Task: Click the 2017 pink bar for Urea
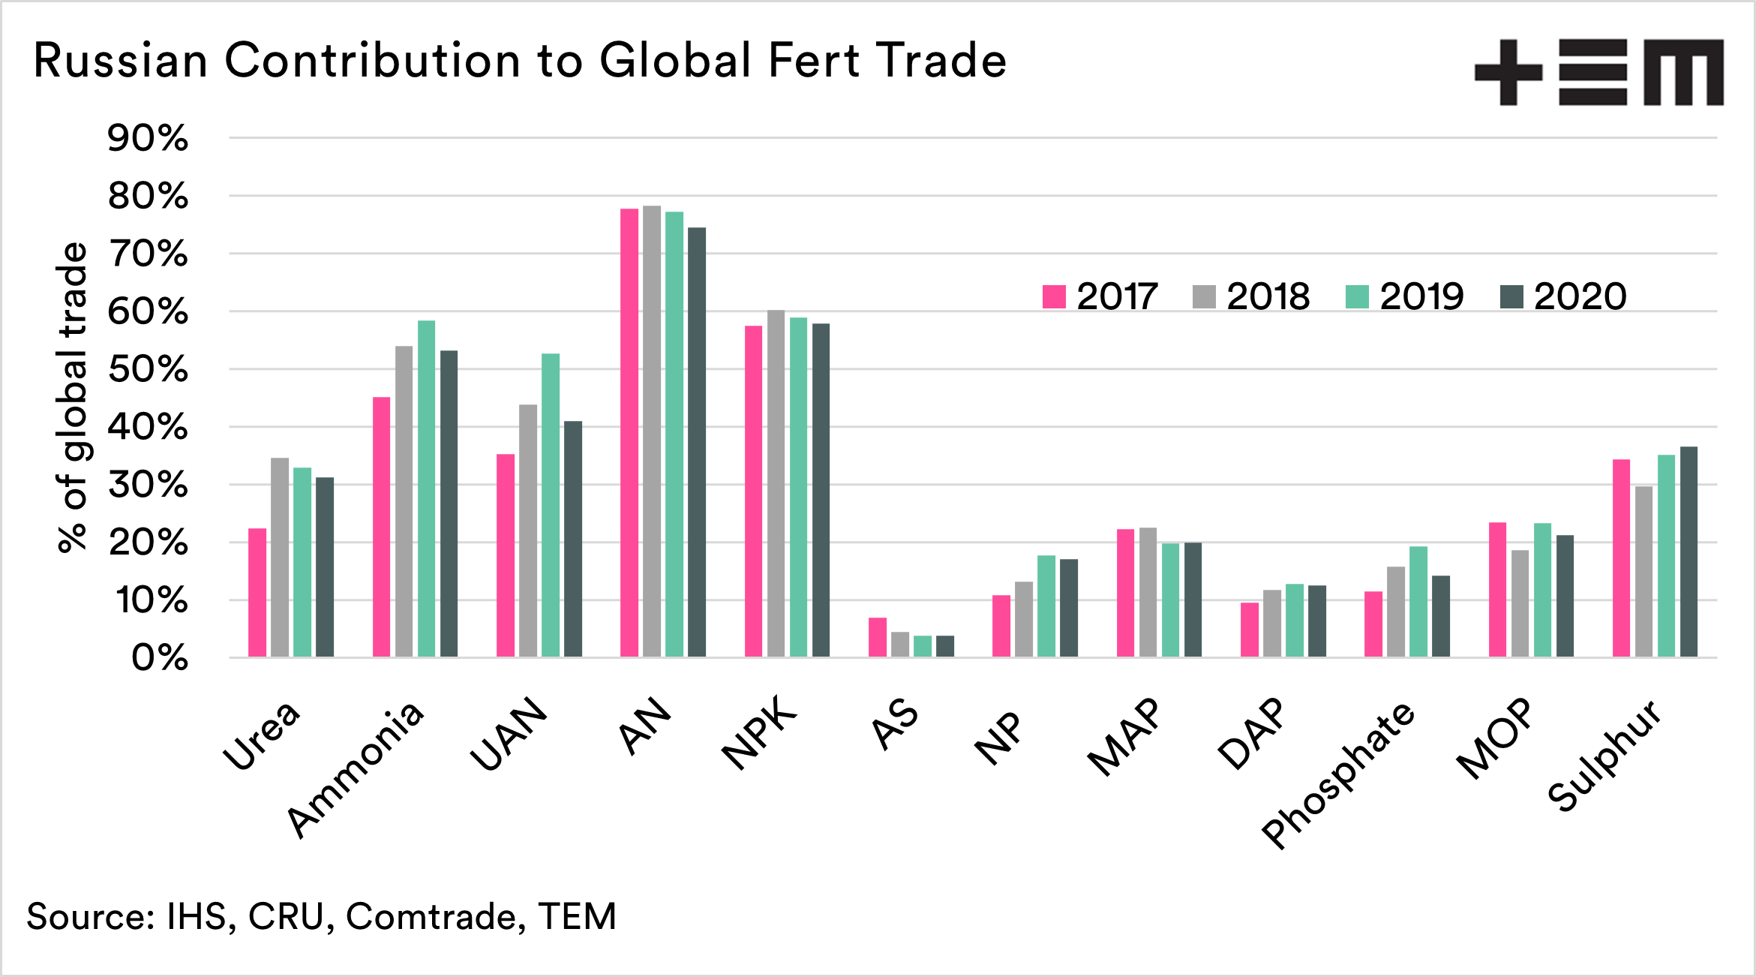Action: tap(257, 593)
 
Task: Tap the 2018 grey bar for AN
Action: tap(652, 431)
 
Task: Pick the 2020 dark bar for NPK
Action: tap(821, 491)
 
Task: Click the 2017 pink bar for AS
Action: tap(878, 638)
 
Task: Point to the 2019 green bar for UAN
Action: tap(551, 506)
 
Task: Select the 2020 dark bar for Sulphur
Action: tap(1688, 552)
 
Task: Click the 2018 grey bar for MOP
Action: tap(1520, 604)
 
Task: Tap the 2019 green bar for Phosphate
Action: tap(1418, 602)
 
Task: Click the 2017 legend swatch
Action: tap(1054, 296)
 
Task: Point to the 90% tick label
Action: tap(148, 139)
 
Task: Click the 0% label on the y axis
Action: tap(160, 659)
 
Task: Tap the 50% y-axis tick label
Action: tap(148, 370)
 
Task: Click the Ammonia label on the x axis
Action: tap(356, 769)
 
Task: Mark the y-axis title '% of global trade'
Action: tap(73, 398)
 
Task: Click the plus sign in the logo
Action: tap(1508, 72)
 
